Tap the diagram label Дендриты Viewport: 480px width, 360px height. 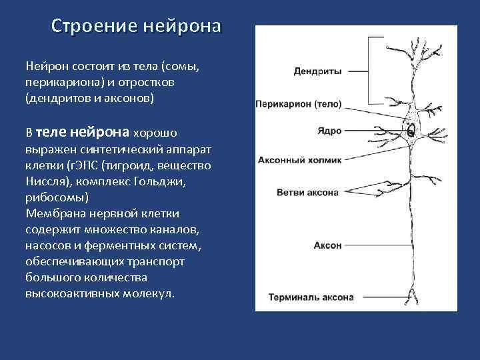(x=317, y=71)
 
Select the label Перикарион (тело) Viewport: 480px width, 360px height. (x=299, y=104)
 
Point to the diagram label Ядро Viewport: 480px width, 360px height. (x=329, y=131)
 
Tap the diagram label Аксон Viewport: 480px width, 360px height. (x=327, y=245)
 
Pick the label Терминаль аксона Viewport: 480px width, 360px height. (x=311, y=297)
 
